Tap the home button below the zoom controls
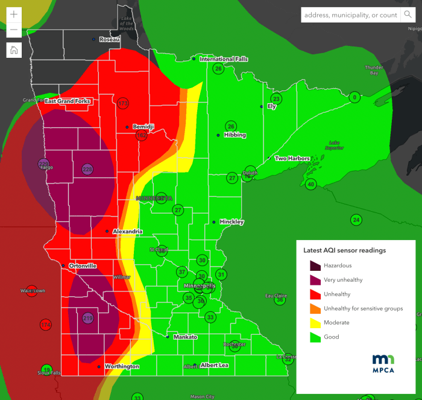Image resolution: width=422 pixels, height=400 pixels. tap(14, 50)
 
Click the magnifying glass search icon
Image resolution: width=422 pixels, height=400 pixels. tap(408, 15)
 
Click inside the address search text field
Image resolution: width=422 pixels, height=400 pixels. tap(350, 15)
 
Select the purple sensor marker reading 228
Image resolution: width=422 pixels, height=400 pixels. tap(87, 169)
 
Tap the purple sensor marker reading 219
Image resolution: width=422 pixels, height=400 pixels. tap(88, 318)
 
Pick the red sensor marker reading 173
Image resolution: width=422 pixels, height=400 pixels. tap(124, 104)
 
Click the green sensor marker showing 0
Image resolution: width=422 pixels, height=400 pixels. tap(354, 97)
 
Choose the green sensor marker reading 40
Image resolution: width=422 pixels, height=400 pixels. tap(310, 184)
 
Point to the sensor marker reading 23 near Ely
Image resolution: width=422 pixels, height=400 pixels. tap(276, 99)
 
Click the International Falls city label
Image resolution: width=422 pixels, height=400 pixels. tap(224, 59)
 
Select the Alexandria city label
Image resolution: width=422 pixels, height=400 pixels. tap(127, 231)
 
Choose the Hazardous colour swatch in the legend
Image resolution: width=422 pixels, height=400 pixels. tap(314, 265)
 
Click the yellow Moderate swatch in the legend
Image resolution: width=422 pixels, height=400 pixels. tap(314, 323)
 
